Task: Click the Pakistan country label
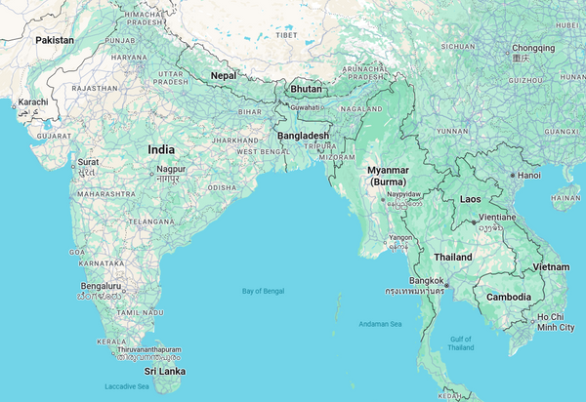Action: [x=55, y=40]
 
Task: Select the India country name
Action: [x=161, y=149]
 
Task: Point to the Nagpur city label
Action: [x=171, y=170]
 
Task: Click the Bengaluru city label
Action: [x=102, y=286]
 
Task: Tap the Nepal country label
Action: [x=224, y=74]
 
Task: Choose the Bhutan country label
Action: [x=306, y=89]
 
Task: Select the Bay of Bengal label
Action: [x=263, y=291]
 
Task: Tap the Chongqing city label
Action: [x=532, y=47]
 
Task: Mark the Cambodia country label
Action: [x=509, y=297]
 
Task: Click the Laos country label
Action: [x=471, y=199]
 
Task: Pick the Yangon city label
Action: [x=400, y=237]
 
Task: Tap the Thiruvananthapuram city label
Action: [x=148, y=348]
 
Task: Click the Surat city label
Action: [x=88, y=161]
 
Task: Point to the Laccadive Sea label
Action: [x=129, y=386]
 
